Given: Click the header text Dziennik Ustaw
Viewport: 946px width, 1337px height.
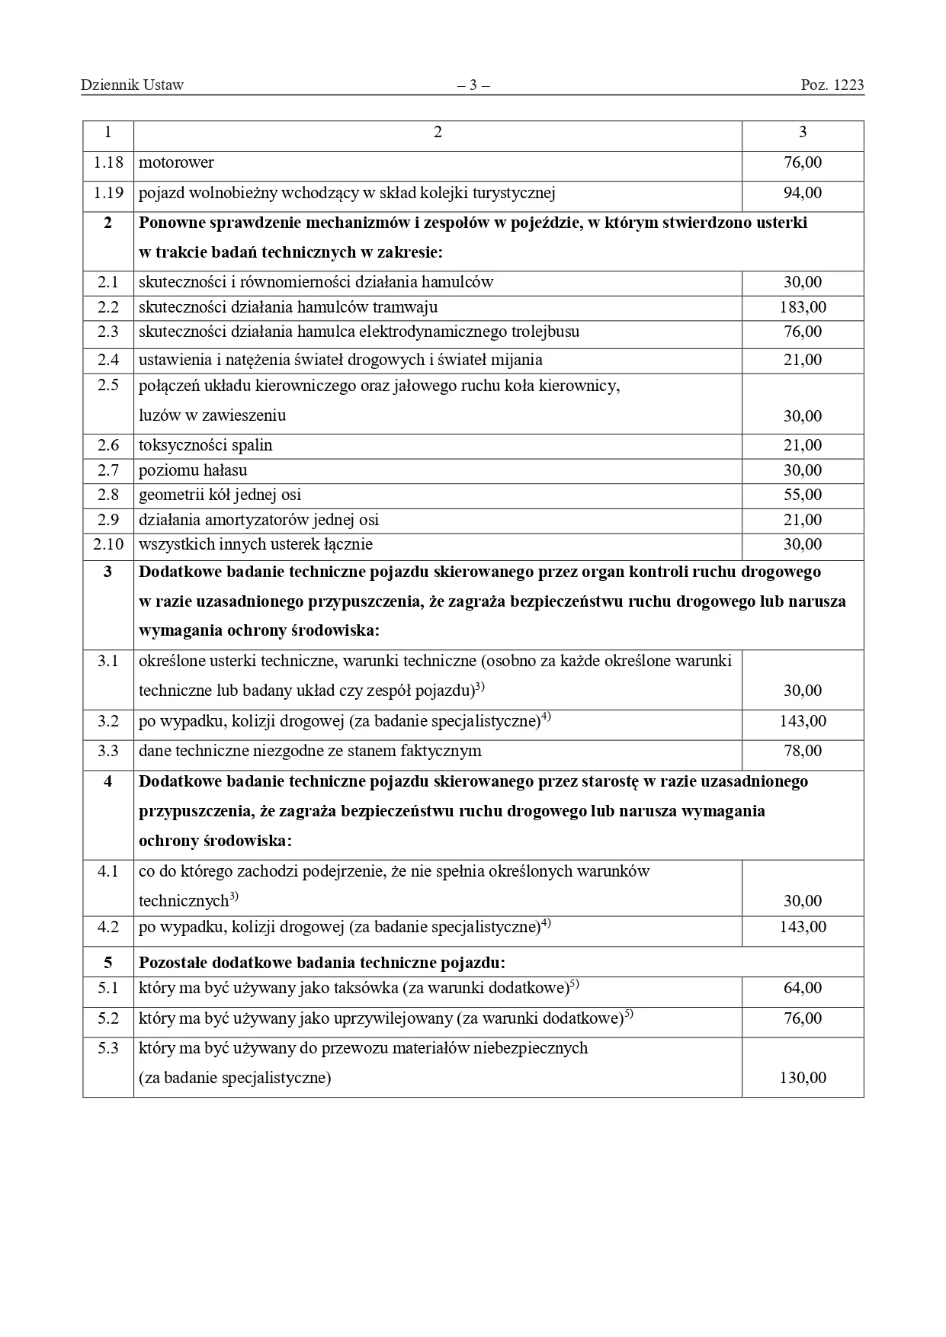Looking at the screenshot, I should pos(132,85).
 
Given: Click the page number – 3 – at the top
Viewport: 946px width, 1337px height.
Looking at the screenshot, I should pos(473,85).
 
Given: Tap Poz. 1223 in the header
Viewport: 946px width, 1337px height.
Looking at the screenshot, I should pos(832,85).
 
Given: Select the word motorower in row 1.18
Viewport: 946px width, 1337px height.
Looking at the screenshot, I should pos(176,162).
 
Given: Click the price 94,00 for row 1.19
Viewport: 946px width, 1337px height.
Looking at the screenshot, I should pos(803,193).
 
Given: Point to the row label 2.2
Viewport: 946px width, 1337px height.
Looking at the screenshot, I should pos(108,307).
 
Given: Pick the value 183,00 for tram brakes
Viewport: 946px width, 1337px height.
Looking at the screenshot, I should pos(803,307).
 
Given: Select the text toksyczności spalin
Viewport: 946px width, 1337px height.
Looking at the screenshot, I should pos(205,445).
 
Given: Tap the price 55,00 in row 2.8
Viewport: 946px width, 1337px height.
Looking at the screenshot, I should pos(803,495).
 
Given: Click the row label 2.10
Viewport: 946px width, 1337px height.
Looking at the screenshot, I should pos(108,544).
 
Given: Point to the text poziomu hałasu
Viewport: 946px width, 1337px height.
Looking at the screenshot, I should pos(193,470).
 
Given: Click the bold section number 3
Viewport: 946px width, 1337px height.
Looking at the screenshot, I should pos(107,572).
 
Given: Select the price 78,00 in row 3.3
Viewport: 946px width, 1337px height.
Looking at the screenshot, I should pos(803,751).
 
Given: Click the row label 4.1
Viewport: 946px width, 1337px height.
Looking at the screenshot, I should pos(108,871).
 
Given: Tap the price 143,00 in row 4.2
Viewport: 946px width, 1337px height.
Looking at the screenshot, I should pos(803,927).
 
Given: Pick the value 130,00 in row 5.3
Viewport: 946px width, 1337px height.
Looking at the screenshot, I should pos(803,1078).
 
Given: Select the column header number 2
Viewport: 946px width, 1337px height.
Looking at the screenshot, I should pos(438,133).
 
